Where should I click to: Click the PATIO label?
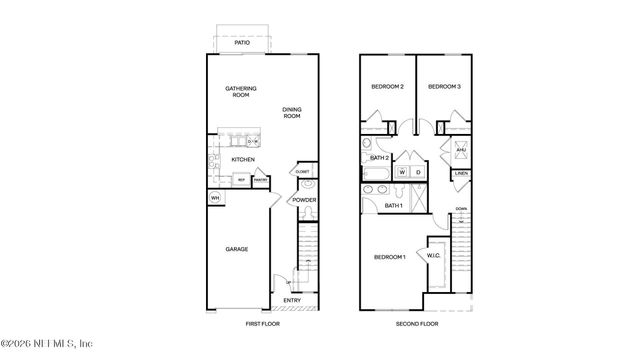(x=242, y=44)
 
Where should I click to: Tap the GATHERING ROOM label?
(x=241, y=93)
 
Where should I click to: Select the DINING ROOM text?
(x=291, y=112)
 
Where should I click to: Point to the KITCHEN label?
(x=243, y=159)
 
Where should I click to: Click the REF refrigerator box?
(x=241, y=180)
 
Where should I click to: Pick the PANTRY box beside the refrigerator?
(x=259, y=180)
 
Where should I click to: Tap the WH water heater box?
(x=214, y=198)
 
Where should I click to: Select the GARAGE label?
(x=236, y=249)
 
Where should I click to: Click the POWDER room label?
(x=304, y=200)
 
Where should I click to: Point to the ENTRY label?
(x=292, y=300)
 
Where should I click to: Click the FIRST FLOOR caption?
(x=265, y=325)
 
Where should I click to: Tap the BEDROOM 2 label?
(x=387, y=87)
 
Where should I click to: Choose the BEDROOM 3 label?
(x=444, y=87)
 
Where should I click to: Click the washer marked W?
(x=401, y=172)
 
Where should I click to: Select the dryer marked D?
(x=418, y=172)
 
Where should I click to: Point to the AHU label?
(x=462, y=150)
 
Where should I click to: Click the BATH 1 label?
(x=394, y=205)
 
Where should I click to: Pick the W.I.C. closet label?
(x=434, y=255)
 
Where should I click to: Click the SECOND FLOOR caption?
(x=416, y=325)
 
